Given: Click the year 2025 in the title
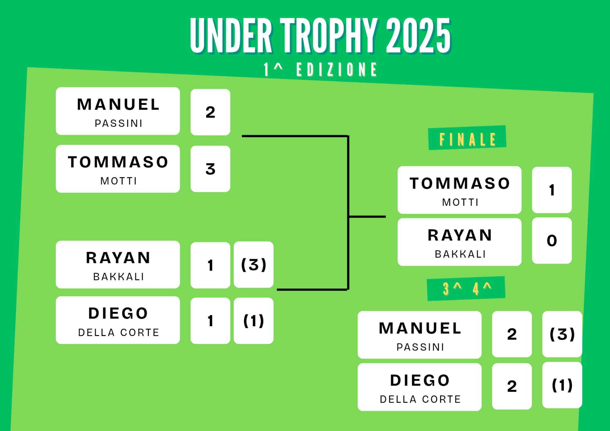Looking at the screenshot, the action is (418, 35).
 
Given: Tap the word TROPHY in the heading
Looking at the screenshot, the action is (329, 35).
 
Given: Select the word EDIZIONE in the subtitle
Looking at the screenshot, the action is (336, 70).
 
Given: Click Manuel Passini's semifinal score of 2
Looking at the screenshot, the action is (210, 112).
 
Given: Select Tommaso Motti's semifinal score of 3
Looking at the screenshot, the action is (210, 169).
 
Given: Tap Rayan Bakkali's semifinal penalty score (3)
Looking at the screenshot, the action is (254, 265).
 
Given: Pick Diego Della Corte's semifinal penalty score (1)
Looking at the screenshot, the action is (254, 321).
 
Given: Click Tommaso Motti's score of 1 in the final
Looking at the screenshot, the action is (552, 190).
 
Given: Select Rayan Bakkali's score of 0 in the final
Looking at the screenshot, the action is (552, 240).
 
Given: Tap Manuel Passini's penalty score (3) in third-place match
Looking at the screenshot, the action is (562, 334).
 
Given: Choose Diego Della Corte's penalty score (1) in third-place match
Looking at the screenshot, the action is (562, 385).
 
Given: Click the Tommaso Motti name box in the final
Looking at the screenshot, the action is (459, 190).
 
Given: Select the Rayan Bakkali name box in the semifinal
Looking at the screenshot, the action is (118, 265).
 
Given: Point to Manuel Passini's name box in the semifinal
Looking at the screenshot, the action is (118, 111).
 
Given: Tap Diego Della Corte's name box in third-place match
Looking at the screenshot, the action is (420, 387).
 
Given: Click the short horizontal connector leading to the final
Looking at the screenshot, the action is (368, 217).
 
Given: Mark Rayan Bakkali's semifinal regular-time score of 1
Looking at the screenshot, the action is (210, 265).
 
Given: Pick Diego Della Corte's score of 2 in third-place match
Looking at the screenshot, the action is (512, 386).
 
